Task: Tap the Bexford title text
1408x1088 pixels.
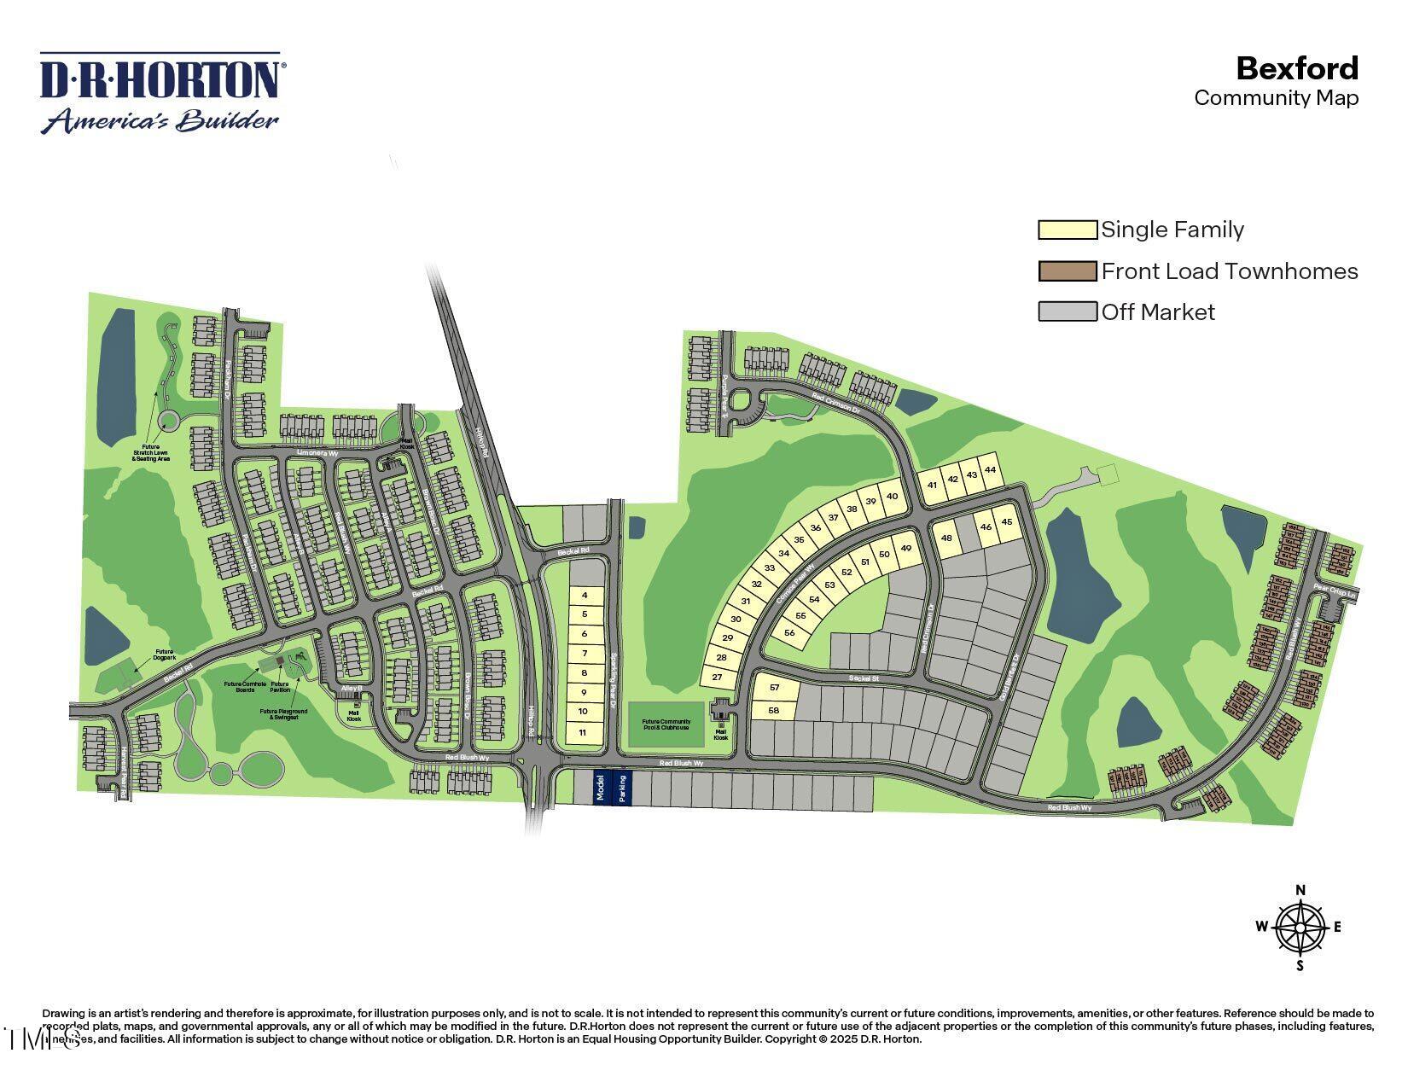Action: click(x=1296, y=68)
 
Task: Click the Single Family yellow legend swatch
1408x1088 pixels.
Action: click(x=1067, y=230)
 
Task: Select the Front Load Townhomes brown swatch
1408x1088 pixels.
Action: click(x=1067, y=271)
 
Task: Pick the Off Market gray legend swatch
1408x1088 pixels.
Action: click(x=1067, y=311)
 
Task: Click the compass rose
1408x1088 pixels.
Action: click(x=1300, y=928)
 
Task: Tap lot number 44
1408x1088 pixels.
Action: click(x=990, y=470)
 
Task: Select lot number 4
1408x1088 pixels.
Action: click(x=585, y=595)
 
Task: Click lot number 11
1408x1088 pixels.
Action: click(x=583, y=732)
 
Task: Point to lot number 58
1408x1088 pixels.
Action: click(x=774, y=710)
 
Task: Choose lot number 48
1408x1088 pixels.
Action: click(x=945, y=538)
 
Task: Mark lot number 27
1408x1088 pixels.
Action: click(x=717, y=678)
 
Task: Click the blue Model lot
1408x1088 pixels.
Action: click(x=600, y=787)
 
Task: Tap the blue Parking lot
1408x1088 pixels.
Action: click(x=622, y=787)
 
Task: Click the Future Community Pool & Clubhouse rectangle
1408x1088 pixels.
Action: click(x=666, y=724)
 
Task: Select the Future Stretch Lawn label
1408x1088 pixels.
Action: click(x=150, y=452)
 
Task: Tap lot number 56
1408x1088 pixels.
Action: click(x=789, y=632)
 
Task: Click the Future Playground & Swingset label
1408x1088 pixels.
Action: click(x=285, y=713)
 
